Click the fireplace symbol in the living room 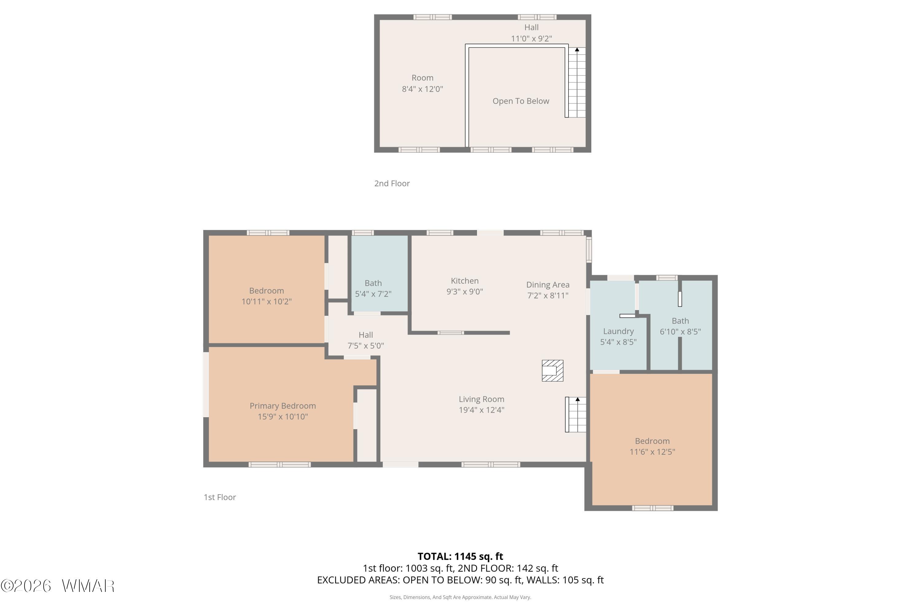(x=553, y=371)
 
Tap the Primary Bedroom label (x=283, y=406)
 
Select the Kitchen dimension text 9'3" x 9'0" (x=465, y=291)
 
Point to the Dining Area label (x=548, y=285)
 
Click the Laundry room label (x=618, y=331)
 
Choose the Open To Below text (x=521, y=101)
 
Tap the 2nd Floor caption (x=392, y=183)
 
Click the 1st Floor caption (x=220, y=497)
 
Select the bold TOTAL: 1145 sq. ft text (x=460, y=556)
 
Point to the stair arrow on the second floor (x=577, y=50)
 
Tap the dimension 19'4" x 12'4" (x=482, y=410)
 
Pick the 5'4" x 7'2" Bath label (x=373, y=288)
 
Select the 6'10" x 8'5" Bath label (x=680, y=326)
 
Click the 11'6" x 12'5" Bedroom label (x=652, y=446)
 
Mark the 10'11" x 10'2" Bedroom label (x=267, y=296)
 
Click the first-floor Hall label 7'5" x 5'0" (x=366, y=340)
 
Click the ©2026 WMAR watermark (x=58, y=586)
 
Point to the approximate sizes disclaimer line (x=460, y=597)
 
